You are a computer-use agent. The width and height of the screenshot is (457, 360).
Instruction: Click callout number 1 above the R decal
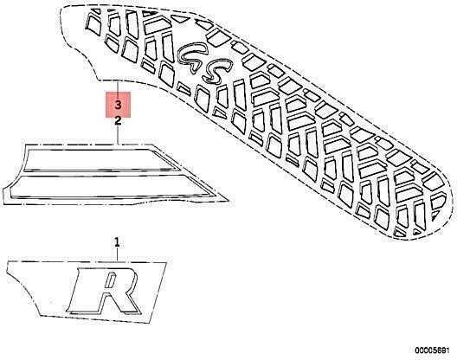[x=117, y=242]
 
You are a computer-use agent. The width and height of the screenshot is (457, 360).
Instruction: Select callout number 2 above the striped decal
[x=118, y=120]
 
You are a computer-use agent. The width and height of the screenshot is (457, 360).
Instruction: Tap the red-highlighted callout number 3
[x=118, y=105]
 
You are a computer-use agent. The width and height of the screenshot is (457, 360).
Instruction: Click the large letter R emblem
[x=104, y=291]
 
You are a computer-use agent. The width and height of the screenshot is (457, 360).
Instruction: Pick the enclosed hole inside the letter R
[x=111, y=280]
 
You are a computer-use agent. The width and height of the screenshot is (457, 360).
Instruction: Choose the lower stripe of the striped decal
[x=111, y=185]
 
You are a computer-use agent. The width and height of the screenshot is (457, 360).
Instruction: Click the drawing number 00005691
[x=432, y=350]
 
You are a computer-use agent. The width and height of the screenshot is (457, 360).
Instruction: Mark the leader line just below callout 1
[x=117, y=254]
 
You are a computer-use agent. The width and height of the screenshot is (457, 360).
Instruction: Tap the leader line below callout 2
[x=118, y=134]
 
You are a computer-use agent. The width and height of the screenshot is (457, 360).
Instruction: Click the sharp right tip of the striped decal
[x=228, y=201]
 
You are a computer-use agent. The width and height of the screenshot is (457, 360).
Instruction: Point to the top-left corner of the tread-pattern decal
[x=61, y=8]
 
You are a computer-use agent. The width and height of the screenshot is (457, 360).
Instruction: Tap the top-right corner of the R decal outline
[x=166, y=262]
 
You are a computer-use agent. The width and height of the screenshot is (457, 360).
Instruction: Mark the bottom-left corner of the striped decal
[x=3, y=204]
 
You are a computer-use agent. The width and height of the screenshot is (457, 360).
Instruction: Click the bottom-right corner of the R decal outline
[x=151, y=323]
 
